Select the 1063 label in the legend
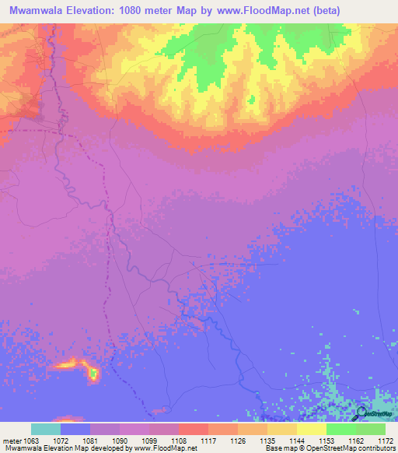(30, 441)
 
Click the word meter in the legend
(10, 441)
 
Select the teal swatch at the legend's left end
(45, 429)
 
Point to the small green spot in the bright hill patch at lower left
(93, 374)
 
